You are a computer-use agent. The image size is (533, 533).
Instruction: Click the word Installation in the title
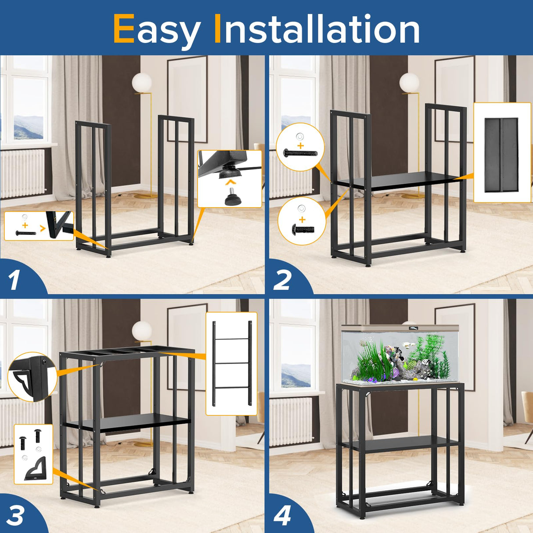[x=316, y=29]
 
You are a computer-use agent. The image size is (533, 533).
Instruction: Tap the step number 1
[x=14, y=280]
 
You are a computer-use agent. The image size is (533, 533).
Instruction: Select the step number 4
[x=282, y=515]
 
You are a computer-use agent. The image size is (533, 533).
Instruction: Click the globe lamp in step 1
[x=142, y=83]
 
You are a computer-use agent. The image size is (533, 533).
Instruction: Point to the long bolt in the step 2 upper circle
[x=300, y=153]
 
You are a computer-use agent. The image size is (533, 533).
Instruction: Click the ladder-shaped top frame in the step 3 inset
[x=231, y=363]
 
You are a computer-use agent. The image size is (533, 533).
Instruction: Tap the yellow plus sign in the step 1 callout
[x=25, y=225]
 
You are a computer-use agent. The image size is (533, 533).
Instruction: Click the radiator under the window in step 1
[x=22, y=173]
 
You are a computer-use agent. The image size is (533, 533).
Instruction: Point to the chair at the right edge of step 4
[x=526, y=408]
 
